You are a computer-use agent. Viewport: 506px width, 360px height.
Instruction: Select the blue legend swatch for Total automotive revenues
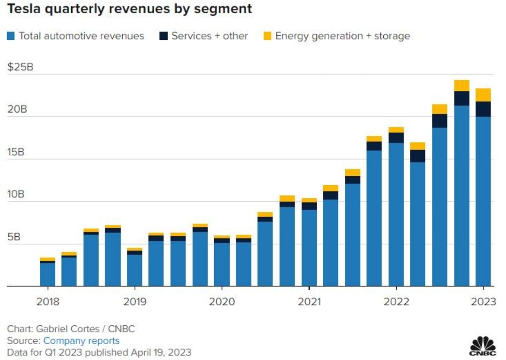point(11,36)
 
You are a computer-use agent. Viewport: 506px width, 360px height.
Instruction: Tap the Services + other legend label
point(209,36)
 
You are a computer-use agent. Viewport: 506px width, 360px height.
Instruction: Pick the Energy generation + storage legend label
point(342,36)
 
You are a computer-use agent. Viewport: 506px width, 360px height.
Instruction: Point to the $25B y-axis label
point(20,67)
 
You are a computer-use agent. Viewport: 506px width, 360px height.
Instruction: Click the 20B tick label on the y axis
point(17,110)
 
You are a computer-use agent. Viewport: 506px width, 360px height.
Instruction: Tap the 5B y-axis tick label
point(14,237)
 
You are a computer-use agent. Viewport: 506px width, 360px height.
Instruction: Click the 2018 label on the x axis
point(48,302)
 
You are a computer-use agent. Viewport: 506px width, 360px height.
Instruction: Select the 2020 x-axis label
point(222,302)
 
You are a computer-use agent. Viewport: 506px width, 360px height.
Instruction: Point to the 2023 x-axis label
point(484,302)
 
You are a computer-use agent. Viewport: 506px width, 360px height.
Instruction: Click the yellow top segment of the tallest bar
point(461,85)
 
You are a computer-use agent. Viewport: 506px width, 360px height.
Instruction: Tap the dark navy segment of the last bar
point(483,109)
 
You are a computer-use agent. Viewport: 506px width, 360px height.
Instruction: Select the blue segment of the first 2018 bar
point(47,274)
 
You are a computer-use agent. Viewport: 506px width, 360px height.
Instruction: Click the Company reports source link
point(82,341)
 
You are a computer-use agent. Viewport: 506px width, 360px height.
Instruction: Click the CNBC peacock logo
point(483,346)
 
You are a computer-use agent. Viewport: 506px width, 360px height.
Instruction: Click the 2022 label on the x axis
point(396,302)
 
